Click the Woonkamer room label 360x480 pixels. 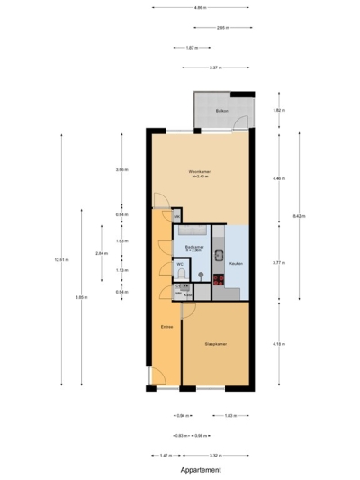pos(199,173)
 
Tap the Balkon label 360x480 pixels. pos(221,111)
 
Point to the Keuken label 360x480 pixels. pos(235,263)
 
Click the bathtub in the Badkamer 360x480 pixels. pos(200,232)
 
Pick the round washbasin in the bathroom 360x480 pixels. pos(203,276)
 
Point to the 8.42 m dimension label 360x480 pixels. pos(299,215)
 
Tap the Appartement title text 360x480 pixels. pos(201,470)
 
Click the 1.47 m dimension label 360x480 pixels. pos(166,456)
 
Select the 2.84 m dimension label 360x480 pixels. pos(101,254)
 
